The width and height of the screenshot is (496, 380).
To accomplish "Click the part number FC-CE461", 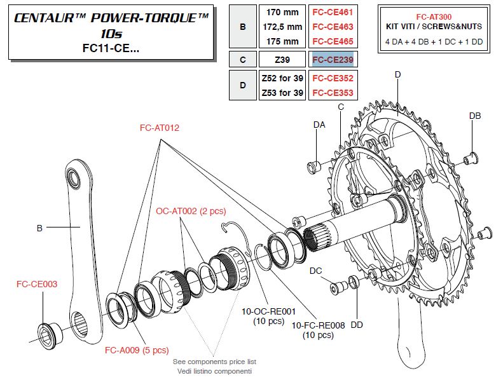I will [x=331, y=11].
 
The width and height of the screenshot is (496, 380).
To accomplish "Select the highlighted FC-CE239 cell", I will [x=331, y=59].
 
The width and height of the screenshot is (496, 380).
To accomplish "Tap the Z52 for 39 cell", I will [x=282, y=78].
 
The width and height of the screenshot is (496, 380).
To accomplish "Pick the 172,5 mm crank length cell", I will [x=282, y=27].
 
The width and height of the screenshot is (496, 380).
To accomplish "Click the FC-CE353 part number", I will [x=331, y=93].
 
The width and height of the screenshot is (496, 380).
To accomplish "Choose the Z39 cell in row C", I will [x=282, y=59].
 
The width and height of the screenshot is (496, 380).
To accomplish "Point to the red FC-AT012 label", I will [x=160, y=128].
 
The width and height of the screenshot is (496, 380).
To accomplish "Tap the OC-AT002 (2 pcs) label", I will [x=191, y=210].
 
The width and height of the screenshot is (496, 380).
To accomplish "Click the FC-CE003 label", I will [x=37, y=284].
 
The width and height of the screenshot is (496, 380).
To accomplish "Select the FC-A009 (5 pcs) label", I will [x=136, y=349].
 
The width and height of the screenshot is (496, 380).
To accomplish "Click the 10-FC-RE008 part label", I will [x=318, y=325].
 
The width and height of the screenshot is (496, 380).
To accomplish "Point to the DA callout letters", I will [x=319, y=125].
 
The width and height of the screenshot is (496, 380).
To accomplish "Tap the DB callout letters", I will [x=475, y=116].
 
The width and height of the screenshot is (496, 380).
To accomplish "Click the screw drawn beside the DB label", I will [x=471, y=156].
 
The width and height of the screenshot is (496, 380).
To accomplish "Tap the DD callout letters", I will [x=357, y=325].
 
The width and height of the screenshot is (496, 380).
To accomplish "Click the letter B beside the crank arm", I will [x=39, y=227].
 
